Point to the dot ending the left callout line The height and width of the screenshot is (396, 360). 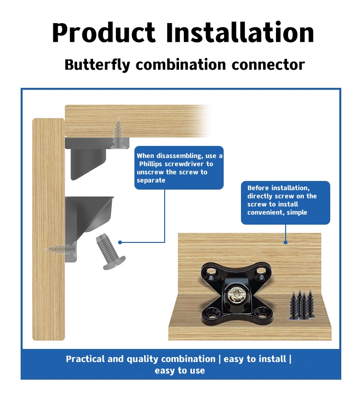pos(120,242)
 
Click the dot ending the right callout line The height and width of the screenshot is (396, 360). pos(286,242)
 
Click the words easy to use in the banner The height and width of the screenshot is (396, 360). pos(180,371)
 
